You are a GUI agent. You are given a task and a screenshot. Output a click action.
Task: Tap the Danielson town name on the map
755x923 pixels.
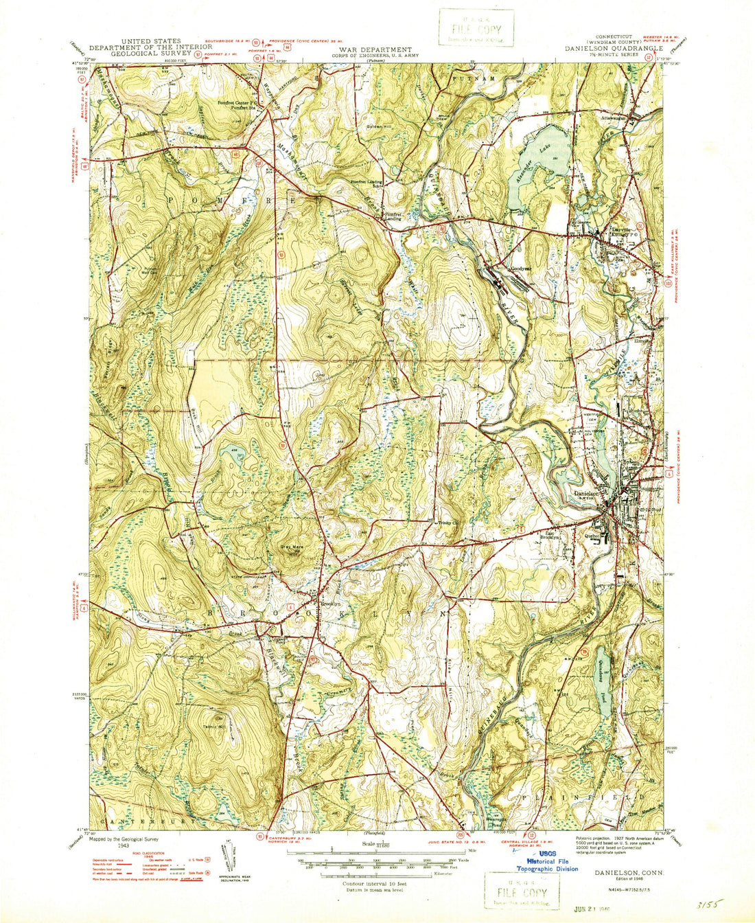pyautogui.click(x=588, y=493)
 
